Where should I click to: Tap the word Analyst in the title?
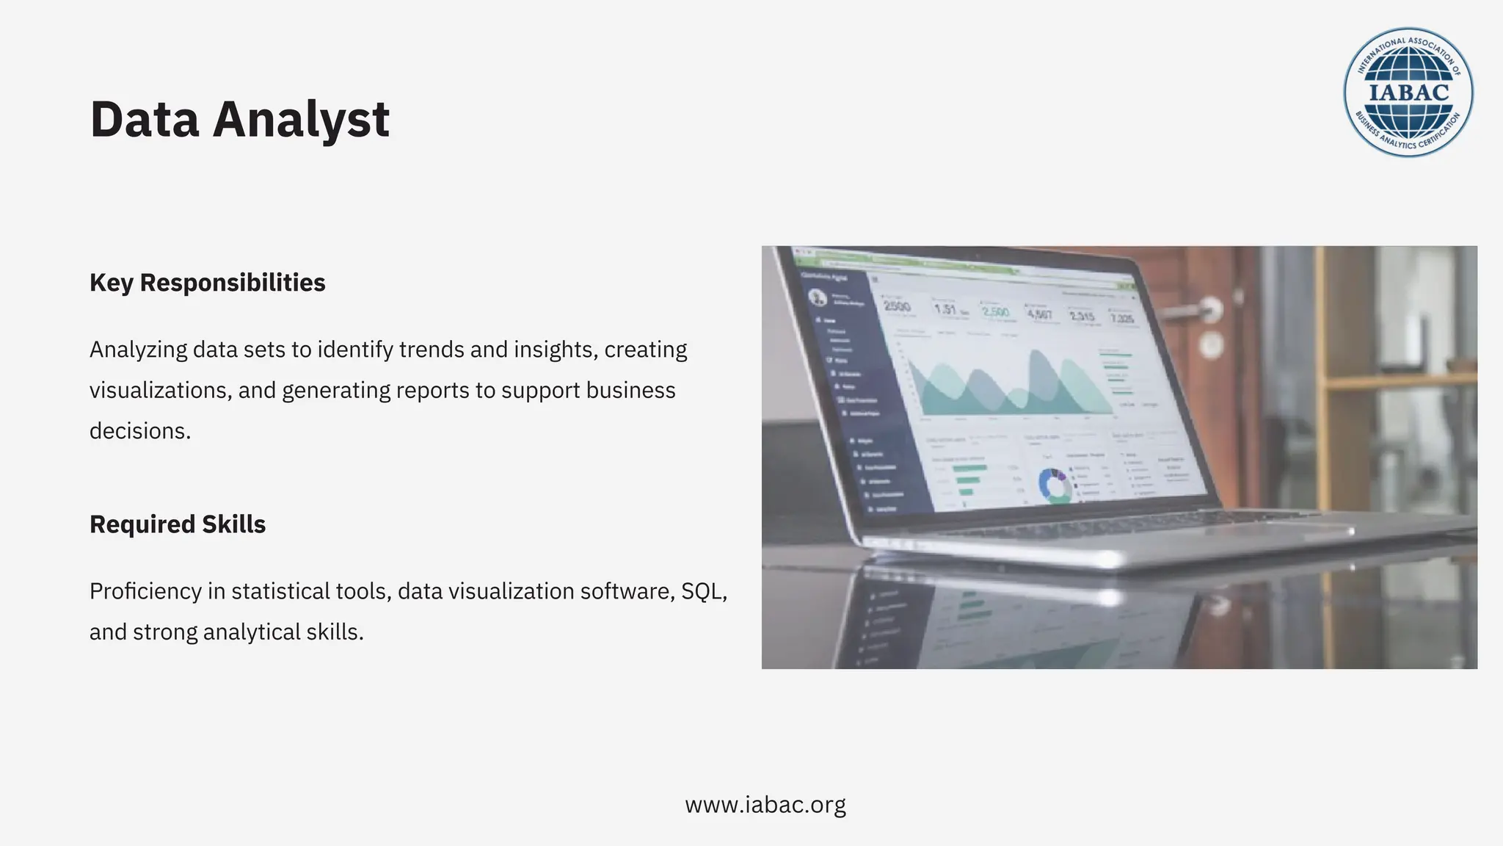point(301,120)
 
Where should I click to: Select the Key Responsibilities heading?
point(207,283)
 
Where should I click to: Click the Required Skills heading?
point(178,524)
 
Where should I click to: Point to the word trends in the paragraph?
point(431,350)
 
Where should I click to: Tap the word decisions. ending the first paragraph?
point(140,431)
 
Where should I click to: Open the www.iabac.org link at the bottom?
point(765,805)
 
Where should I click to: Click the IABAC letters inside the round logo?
point(1408,93)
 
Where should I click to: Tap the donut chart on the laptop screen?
point(1055,485)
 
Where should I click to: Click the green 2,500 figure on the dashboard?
point(995,311)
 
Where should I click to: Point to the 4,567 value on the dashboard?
point(1039,314)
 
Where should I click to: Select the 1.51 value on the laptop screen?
point(945,309)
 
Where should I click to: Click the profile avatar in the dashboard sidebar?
point(816,297)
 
